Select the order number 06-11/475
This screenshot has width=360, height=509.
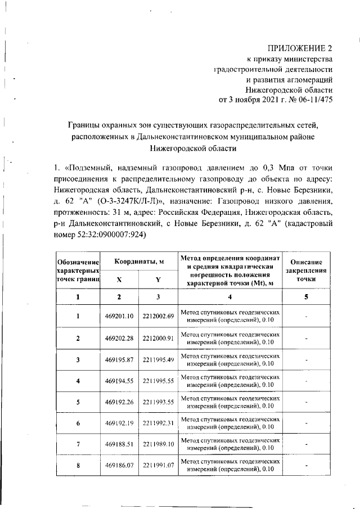[312, 101]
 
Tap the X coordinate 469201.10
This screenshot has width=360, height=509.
[119, 316]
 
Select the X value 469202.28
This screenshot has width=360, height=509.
[119, 338]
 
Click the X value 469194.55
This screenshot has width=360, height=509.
[119, 381]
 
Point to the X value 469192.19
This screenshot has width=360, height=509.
[119, 423]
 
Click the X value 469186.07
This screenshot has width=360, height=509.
[119, 466]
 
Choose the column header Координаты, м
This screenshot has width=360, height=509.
[139, 262]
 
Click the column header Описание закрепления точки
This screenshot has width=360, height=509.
[306, 271]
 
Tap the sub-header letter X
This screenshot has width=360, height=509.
[119, 280]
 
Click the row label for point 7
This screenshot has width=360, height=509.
[78, 444]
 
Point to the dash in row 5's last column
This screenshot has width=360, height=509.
[306, 402]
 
